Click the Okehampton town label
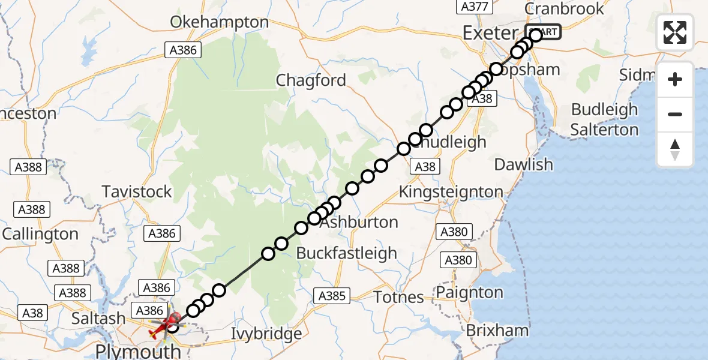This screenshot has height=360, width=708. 219,22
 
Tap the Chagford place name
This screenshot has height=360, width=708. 311,80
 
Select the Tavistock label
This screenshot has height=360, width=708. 137,192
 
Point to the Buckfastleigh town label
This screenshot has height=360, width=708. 347,253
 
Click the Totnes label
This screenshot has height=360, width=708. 398,297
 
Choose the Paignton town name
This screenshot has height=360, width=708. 469,293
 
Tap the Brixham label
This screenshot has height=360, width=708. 497,330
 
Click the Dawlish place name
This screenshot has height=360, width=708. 523,164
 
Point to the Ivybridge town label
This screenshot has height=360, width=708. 267,334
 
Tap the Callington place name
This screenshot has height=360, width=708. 40,234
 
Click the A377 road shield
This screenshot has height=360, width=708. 474,7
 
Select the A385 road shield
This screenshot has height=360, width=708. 332,295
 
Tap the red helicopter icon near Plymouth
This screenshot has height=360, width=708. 166,323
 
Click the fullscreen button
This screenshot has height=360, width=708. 675,32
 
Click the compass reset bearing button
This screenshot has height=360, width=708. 675,149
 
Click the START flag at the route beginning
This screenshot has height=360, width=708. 543,32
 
